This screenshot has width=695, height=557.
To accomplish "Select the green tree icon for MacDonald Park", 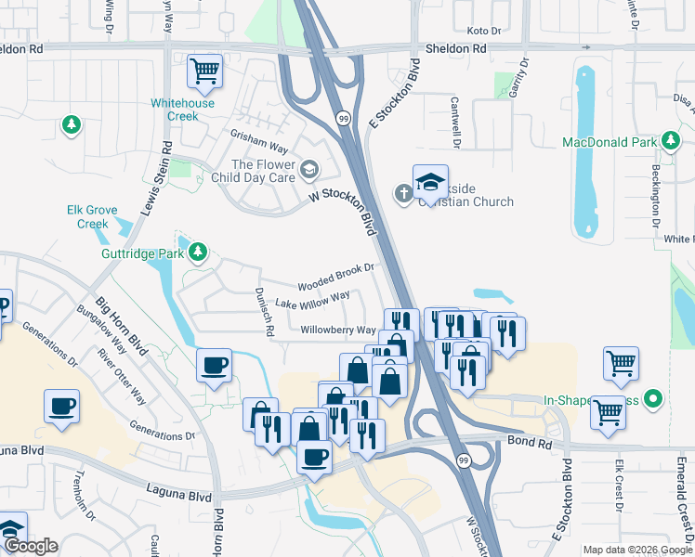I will coord(670,141).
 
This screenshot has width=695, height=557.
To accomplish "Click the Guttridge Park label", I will coord(142,253).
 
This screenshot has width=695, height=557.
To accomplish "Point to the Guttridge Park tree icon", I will coord(198,252).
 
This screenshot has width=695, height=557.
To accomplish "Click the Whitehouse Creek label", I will coord(184,110).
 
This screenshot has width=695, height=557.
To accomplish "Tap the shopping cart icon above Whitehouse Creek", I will coord(204,70).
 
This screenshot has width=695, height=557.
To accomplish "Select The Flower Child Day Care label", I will coord(264,171).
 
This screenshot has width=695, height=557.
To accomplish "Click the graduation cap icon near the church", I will coord(430,182).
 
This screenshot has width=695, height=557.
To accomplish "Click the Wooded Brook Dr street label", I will coord(335,276).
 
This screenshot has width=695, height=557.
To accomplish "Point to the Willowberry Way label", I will coord(338,330).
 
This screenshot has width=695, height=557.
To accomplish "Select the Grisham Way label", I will coord(259,146).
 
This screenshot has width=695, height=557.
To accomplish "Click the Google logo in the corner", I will coord(31,546).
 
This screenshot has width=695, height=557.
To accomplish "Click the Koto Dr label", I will coord(484,31).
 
